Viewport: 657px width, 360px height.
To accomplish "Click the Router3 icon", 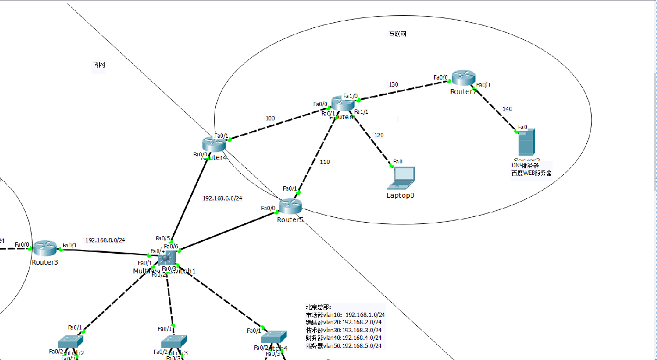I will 45,248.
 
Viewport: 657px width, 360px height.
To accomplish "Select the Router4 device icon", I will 214,144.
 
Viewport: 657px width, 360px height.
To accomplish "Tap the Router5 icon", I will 290,206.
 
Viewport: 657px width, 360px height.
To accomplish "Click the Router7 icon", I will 464,78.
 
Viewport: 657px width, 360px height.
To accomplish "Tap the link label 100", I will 270,118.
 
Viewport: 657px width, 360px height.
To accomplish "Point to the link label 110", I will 325,162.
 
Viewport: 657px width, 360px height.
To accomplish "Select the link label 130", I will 393,84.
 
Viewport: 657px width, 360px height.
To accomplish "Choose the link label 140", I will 507,109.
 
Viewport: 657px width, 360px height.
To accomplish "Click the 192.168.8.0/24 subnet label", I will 105,240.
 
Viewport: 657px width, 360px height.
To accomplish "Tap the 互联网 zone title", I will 397,34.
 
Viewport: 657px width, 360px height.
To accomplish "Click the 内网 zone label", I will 99,65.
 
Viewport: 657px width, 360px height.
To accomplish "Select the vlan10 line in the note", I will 345,315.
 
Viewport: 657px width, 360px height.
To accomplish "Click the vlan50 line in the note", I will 345,346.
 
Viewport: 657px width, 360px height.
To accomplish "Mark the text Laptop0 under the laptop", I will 400,195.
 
